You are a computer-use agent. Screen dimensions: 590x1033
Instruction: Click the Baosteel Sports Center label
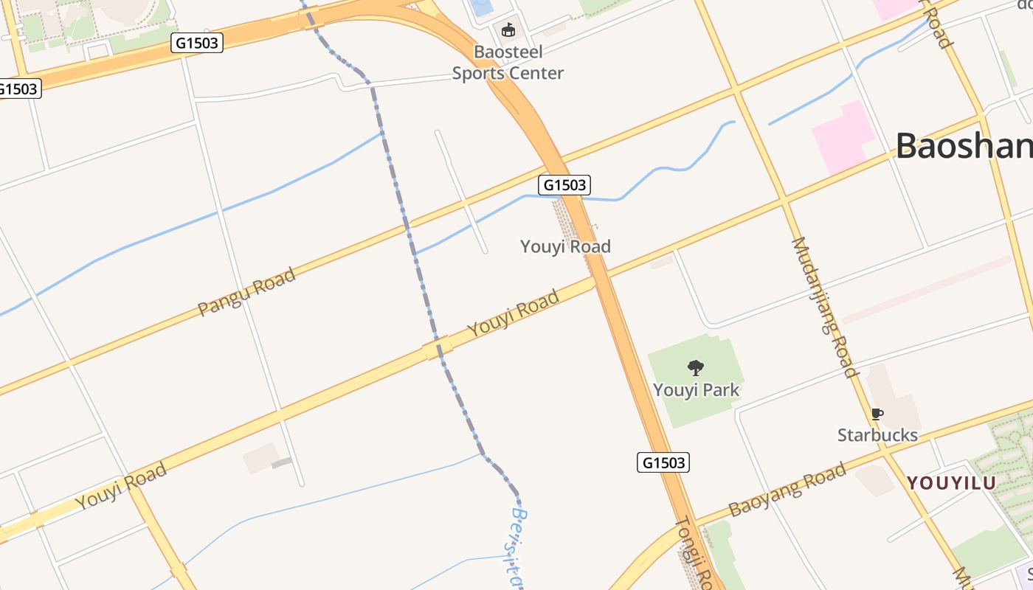point(508,63)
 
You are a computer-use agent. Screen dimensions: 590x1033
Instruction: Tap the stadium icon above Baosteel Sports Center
point(508,30)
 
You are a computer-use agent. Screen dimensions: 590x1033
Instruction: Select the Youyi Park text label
point(696,389)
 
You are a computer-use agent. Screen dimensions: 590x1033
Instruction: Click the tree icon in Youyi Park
point(695,367)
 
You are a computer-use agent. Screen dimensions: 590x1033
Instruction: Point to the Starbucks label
point(877,435)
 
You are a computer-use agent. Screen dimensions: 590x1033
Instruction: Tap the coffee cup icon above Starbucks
point(877,414)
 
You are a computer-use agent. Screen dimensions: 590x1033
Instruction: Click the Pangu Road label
point(246,291)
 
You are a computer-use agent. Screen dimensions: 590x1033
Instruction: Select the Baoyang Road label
point(787,490)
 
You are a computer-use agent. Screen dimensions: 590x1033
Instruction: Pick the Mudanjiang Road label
point(825,307)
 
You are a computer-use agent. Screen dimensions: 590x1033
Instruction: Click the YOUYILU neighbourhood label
point(951,483)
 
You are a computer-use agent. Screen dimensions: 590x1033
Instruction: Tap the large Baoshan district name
point(964,146)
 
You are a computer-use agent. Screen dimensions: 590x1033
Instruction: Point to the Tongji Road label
point(694,553)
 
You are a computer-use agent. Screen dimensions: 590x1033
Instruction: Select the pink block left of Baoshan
point(841,137)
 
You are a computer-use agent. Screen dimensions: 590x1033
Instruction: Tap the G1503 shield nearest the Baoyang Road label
point(663,462)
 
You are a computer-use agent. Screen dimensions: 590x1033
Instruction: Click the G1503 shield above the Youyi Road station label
point(565,184)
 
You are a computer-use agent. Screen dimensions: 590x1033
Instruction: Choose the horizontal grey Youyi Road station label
point(565,246)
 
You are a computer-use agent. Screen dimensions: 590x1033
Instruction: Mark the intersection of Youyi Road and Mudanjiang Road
point(784,199)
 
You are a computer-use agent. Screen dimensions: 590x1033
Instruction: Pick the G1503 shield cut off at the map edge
point(18,88)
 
